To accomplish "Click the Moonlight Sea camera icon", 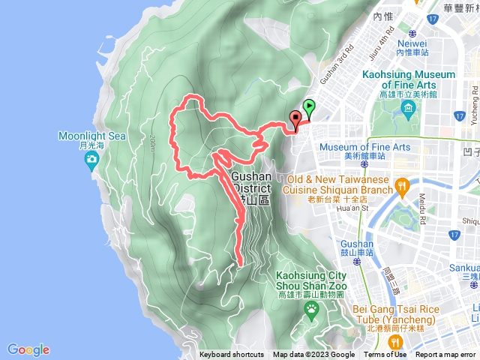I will [91, 158].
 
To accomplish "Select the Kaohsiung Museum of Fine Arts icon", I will [408, 111].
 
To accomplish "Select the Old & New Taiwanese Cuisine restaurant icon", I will [402, 185].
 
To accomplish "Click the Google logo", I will [28, 349].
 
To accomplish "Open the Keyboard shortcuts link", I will [232, 355].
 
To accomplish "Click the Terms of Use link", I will [385, 355].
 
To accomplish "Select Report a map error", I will [445, 355].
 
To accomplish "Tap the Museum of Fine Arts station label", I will [364, 147].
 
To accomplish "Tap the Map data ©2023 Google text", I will [313, 355].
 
